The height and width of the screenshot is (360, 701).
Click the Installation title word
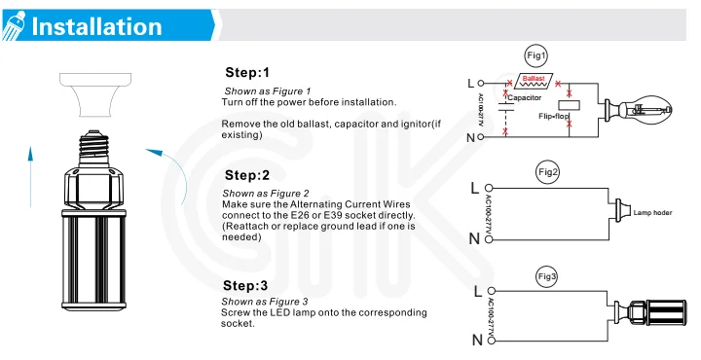click(96, 26)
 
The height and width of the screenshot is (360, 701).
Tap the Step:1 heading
click(247, 72)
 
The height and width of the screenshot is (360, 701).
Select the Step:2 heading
click(247, 175)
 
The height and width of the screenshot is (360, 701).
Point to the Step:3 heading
click(245, 285)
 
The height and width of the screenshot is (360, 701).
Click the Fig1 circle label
click(536, 55)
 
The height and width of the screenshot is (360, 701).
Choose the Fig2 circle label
click(547, 172)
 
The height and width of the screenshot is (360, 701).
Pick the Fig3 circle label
click(547, 276)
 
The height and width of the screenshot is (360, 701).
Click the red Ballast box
click(534, 81)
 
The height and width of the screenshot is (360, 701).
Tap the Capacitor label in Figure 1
click(525, 97)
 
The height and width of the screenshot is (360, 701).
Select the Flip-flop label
click(554, 116)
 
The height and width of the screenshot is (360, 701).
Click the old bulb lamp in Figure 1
click(639, 109)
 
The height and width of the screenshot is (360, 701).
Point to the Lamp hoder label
click(652, 213)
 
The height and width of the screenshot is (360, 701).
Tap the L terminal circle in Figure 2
click(489, 188)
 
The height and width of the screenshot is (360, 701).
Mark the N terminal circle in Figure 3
click(492, 341)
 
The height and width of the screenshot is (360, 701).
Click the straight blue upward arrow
click(30, 176)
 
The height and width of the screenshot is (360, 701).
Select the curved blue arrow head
click(155, 153)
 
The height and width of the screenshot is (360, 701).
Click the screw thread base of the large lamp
click(93, 148)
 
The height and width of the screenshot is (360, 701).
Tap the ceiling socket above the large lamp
click(95, 94)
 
